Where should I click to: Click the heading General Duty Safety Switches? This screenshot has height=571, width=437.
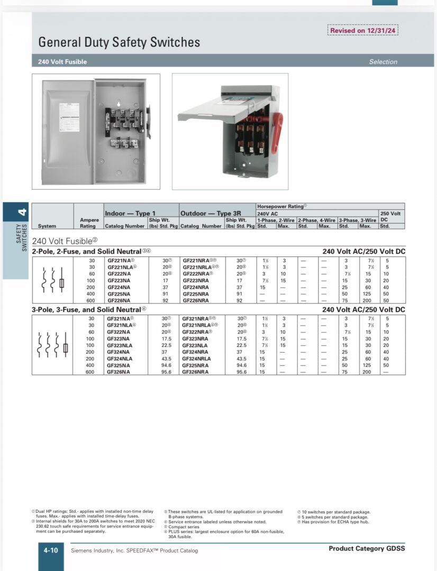pyautogui.click(x=119, y=42)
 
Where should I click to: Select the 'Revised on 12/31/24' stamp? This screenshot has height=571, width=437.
pyautogui.click(x=362, y=30)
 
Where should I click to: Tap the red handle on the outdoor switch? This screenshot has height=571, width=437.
pyautogui.click(x=277, y=132)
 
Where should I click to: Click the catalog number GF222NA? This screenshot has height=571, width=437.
pyautogui.click(x=119, y=274)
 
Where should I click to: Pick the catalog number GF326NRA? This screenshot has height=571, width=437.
pyautogui.click(x=196, y=372)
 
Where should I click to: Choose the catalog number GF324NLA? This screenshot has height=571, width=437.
pyautogui.click(x=120, y=358)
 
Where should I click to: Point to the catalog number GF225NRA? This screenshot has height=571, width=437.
pyautogui.click(x=196, y=293)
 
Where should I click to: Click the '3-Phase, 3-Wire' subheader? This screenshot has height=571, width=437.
pyautogui.click(x=357, y=219)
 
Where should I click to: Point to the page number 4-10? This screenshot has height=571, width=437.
pyautogui.click(x=51, y=550)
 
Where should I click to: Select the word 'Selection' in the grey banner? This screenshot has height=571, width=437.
pyautogui.click(x=383, y=62)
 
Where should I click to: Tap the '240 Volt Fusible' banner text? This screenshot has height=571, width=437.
pyautogui.click(x=62, y=62)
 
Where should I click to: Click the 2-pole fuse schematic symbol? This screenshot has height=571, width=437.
pyautogui.click(x=52, y=281)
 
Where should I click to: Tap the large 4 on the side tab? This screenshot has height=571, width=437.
pyautogui.click(x=21, y=213)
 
